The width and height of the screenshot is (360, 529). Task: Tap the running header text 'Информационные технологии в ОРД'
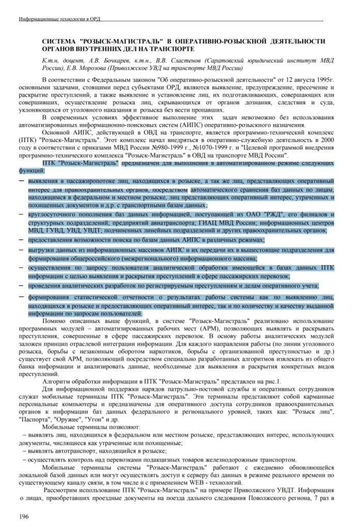[59, 19]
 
